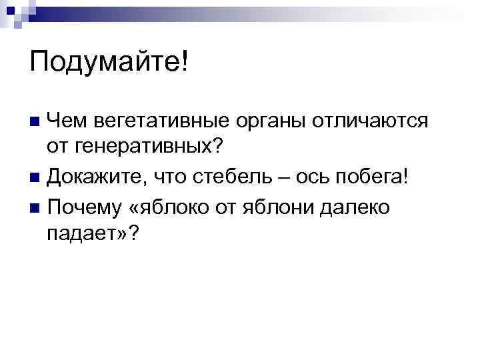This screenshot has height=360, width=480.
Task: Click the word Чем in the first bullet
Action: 67,122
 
